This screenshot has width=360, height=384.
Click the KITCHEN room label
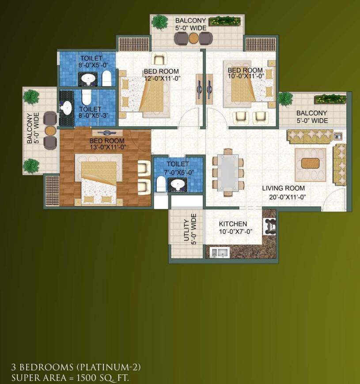coord(233,224)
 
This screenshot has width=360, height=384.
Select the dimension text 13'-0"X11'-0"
coord(108,147)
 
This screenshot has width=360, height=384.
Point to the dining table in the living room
coord(228,173)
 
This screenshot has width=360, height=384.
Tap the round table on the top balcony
coord(193,38)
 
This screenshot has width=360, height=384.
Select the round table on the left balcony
coord(50,131)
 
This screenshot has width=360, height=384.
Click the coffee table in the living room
coord(310,163)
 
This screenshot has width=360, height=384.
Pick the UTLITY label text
coord(186,230)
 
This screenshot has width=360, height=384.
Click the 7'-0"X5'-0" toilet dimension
coord(179,173)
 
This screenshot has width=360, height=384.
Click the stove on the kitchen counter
coord(269,226)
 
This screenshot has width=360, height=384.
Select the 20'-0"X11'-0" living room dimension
coord(288,197)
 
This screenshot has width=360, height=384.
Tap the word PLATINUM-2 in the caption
coord(108,367)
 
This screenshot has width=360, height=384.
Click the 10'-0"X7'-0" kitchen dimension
coord(235,231)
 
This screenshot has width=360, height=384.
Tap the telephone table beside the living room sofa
coord(338,136)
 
